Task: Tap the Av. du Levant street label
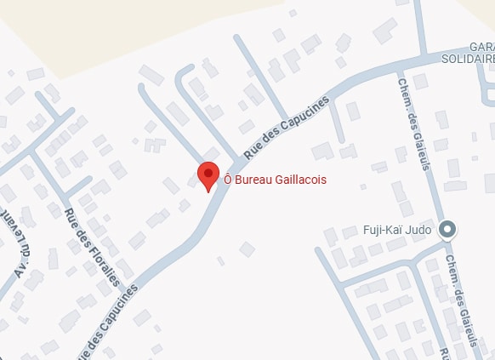(20, 256)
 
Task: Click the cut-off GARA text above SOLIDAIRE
(481, 46)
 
